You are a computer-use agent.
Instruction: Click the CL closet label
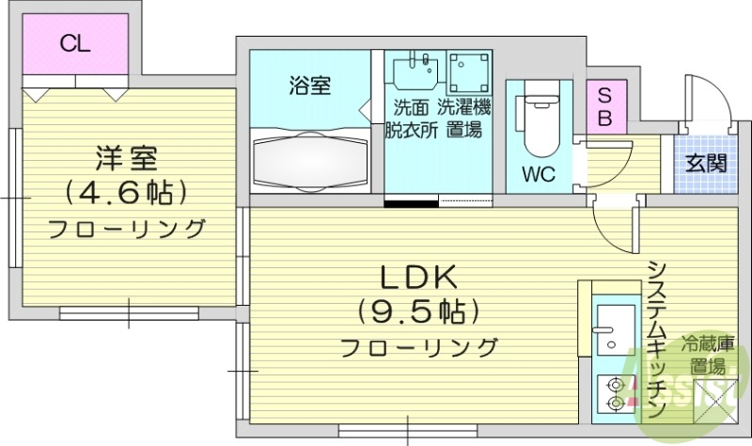pyautogui.click(x=76, y=43)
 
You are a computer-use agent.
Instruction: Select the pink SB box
pyautogui.click(x=604, y=106)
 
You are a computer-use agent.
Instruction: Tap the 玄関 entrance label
pyautogui.click(x=705, y=163)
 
